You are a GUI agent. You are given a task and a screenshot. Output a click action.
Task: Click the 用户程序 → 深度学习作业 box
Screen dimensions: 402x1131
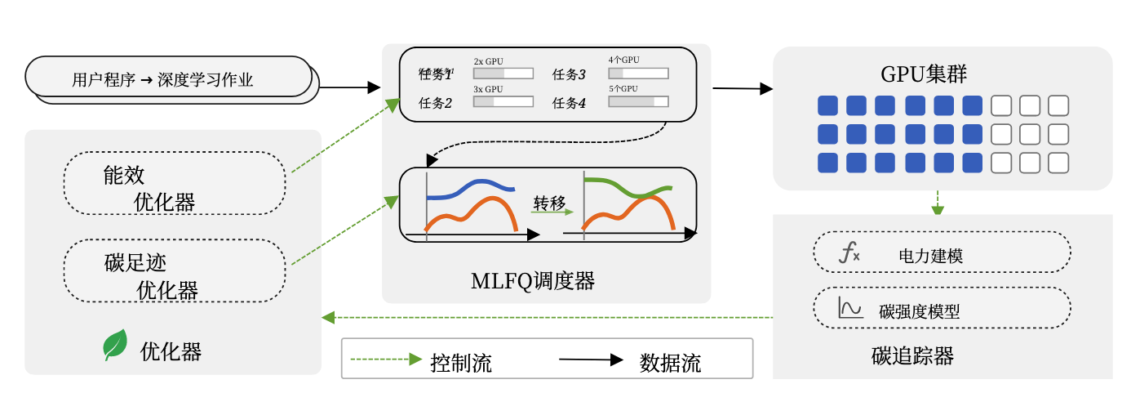[168, 79]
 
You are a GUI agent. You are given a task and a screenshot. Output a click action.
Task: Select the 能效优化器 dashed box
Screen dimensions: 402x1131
[175, 184]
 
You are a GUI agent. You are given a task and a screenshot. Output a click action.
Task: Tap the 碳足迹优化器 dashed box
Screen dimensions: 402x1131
[175, 270]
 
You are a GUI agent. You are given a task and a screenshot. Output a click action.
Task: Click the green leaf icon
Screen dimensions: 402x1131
[115, 345]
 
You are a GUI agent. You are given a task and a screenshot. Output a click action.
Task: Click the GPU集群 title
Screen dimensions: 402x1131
[924, 74]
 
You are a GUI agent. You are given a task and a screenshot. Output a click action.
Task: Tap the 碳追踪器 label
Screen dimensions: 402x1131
[912, 356]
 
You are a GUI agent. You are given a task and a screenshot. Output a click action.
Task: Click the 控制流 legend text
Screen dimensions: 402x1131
[461, 362]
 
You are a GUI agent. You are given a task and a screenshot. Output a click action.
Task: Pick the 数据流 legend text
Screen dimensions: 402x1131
[670, 362]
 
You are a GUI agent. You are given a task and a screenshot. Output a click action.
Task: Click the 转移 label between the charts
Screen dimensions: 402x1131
[549, 202]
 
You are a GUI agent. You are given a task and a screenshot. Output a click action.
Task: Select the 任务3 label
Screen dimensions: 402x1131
[570, 74]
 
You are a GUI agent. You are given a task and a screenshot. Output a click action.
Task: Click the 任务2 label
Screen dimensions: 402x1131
[435, 103]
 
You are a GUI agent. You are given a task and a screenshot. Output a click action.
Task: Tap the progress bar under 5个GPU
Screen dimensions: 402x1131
[638, 102]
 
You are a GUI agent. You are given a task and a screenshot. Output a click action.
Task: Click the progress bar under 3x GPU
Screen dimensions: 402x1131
[503, 102]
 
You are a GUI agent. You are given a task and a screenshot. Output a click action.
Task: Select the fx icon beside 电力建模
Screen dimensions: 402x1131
[849, 253]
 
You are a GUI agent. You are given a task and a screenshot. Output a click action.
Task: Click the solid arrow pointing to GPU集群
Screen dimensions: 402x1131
[743, 87]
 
